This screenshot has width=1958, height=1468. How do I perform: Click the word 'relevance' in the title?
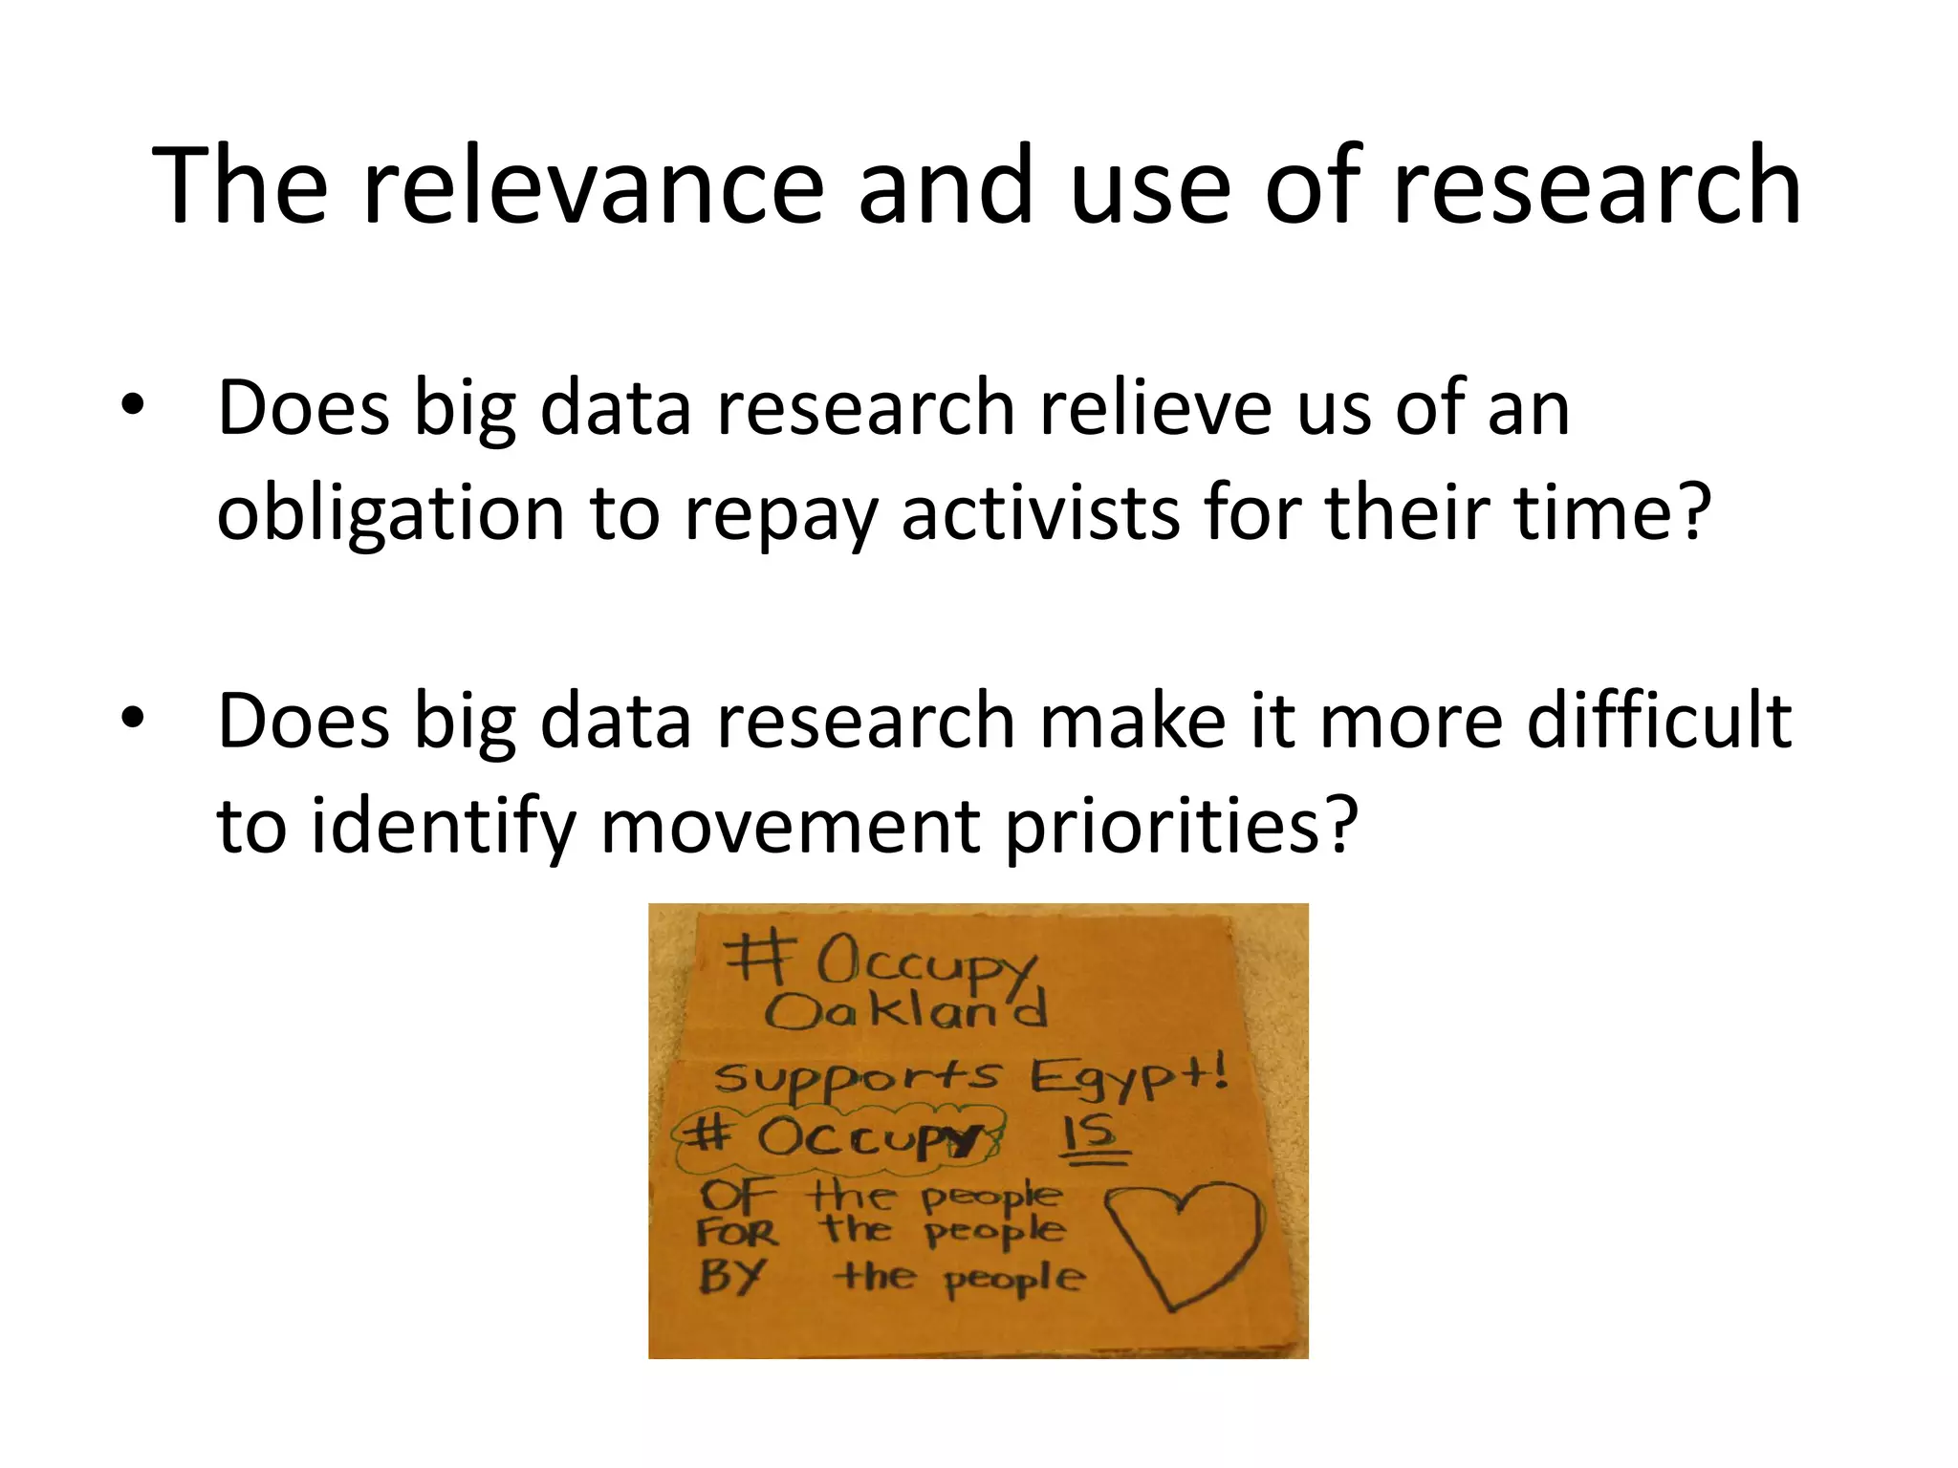593,185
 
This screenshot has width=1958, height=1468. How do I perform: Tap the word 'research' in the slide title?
1597,185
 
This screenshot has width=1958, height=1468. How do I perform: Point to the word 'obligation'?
391,513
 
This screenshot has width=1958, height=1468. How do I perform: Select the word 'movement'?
790,826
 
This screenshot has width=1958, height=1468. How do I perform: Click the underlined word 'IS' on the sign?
1096,1136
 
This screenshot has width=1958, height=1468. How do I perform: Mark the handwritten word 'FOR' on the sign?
736,1233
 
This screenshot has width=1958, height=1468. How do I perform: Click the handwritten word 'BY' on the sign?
731,1276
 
